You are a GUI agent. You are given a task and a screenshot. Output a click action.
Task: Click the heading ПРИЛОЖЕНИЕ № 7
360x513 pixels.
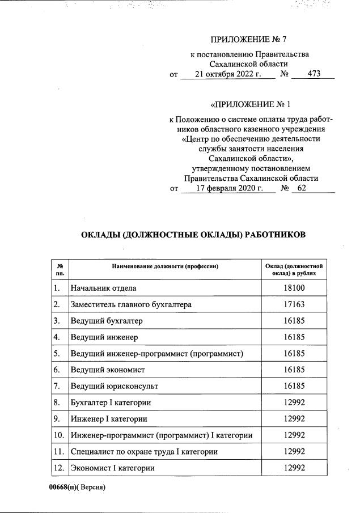click(x=250, y=39)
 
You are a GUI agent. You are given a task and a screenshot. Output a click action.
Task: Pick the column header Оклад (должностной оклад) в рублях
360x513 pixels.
click(x=294, y=269)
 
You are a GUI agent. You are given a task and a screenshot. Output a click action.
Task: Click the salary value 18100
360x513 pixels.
click(x=294, y=288)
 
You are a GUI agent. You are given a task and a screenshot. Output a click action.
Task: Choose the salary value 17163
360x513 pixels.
click(x=294, y=304)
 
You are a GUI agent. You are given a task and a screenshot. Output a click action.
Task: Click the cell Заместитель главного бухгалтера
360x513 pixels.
click(x=131, y=304)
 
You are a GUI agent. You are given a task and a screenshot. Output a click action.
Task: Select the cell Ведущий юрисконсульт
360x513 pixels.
click(x=114, y=386)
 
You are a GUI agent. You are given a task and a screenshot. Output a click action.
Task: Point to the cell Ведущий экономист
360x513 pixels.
click(x=108, y=370)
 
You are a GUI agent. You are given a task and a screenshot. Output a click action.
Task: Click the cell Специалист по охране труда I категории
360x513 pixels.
click(x=145, y=452)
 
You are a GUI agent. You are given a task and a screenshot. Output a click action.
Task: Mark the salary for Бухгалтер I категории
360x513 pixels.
click(x=294, y=402)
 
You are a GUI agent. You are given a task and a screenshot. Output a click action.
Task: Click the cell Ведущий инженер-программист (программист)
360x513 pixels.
click(x=157, y=354)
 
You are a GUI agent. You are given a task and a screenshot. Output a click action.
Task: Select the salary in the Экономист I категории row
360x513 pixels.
click(x=294, y=468)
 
